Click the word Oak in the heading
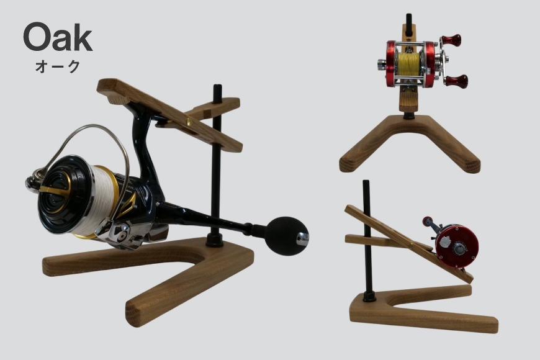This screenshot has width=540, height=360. (x=58, y=37)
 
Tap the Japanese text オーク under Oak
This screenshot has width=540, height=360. (x=58, y=66)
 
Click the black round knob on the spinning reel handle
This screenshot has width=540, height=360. (x=286, y=236)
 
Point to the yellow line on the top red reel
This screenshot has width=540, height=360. (x=408, y=64)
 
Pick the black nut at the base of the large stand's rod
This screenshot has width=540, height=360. (x=215, y=240)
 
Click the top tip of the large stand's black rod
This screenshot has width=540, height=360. (x=218, y=86)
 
